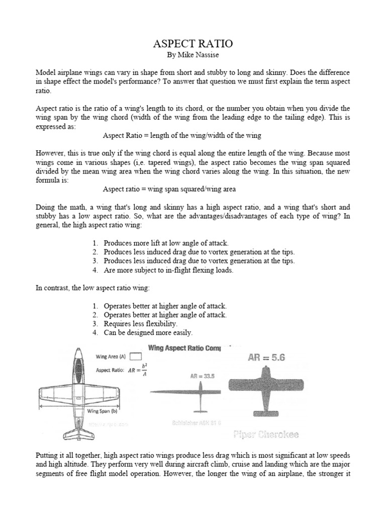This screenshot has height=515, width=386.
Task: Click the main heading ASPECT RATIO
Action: [192, 45]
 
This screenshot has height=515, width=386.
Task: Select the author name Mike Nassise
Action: [192, 55]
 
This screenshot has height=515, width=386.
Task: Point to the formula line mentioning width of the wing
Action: [182, 136]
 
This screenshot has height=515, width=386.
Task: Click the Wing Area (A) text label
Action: [111, 357]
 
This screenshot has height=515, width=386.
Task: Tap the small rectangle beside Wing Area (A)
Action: [135, 357]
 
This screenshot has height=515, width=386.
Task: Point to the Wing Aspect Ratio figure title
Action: [188, 348]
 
